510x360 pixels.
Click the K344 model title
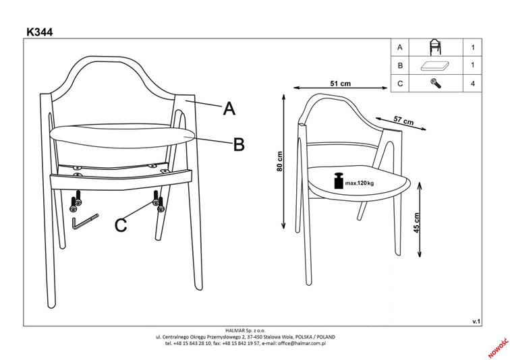coord(39,32)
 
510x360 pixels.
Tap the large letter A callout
coord(229,108)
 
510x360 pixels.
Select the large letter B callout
coord(239,144)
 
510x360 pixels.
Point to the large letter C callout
coord(121,225)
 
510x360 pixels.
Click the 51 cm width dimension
coord(341,84)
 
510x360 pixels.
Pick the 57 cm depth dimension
coord(403,121)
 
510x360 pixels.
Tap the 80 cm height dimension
coord(279,162)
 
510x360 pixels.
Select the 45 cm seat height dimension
coord(417,222)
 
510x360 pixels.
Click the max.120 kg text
coord(360,183)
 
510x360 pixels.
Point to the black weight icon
coord(339,181)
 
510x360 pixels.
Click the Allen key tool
coord(85,222)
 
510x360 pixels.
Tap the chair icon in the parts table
coord(435,47)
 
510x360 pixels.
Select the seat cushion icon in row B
coord(435,66)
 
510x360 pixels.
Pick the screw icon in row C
coord(436,83)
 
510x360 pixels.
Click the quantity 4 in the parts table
coord(473,84)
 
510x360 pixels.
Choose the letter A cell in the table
coord(400,47)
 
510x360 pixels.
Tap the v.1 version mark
coord(476,322)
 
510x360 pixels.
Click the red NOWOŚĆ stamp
coord(498,347)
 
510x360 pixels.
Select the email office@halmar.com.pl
coord(302,343)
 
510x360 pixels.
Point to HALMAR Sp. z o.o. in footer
coord(246,331)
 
